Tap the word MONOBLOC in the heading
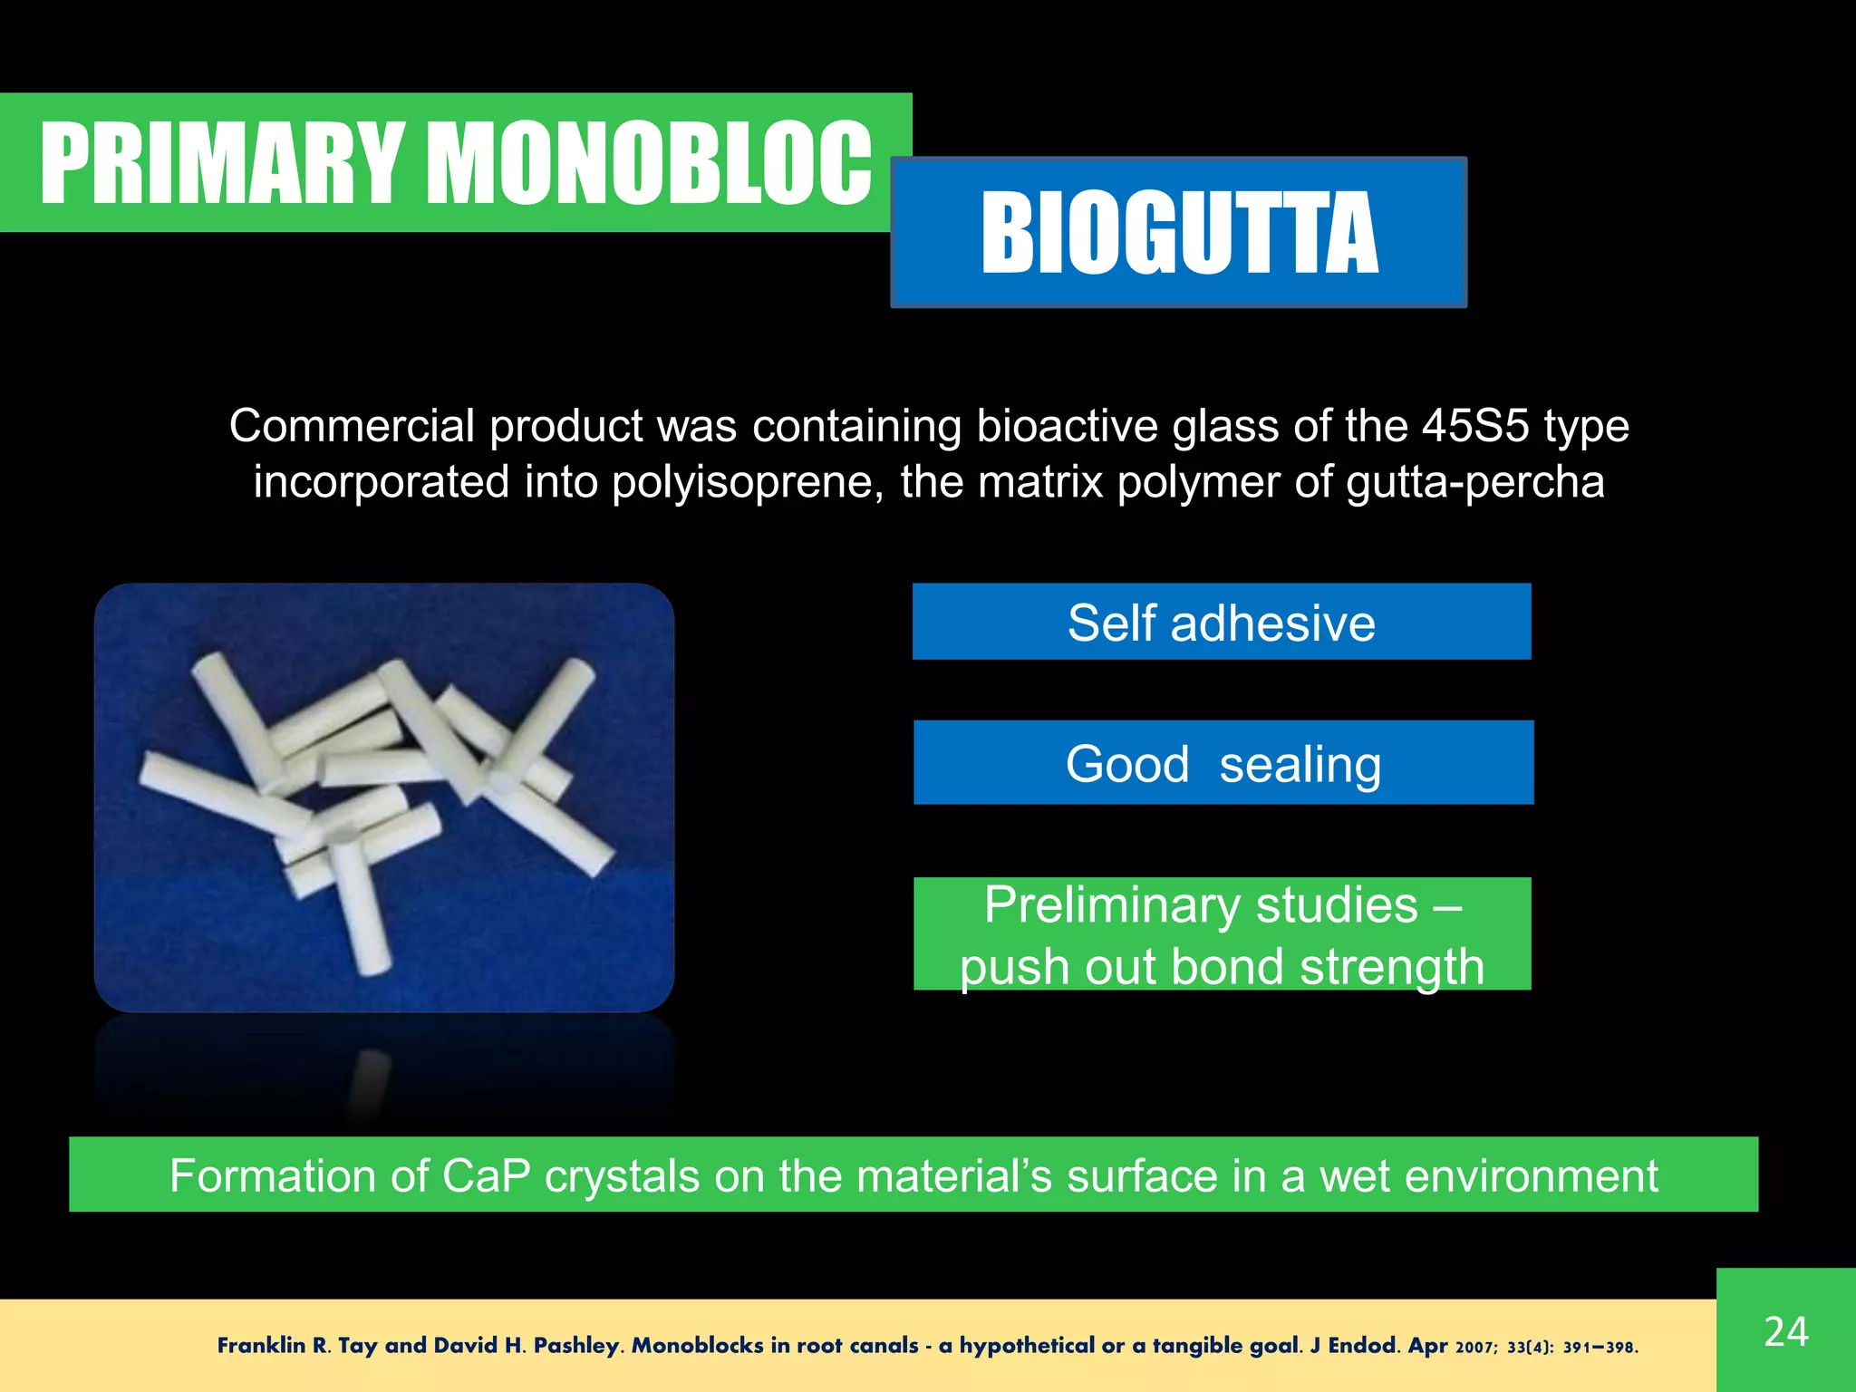(x=649, y=163)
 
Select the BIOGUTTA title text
(x=1179, y=233)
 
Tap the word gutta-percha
(x=1474, y=481)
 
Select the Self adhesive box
(x=1221, y=622)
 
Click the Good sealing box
(x=1223, y=763)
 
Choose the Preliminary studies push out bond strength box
(x=1222, y=934)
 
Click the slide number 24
(x=1785, y=1331)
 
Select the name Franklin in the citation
(x=261, y=1346)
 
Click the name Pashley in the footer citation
(x=576, y=1346)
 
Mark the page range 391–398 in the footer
(x=1600, y=1348)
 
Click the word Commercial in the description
(x=352, y=425)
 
